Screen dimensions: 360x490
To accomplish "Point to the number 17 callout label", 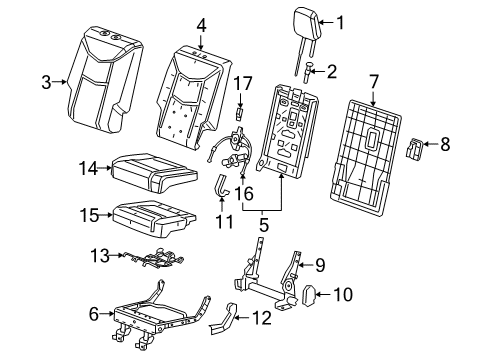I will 241,84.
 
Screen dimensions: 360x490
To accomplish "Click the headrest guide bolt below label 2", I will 308,72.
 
